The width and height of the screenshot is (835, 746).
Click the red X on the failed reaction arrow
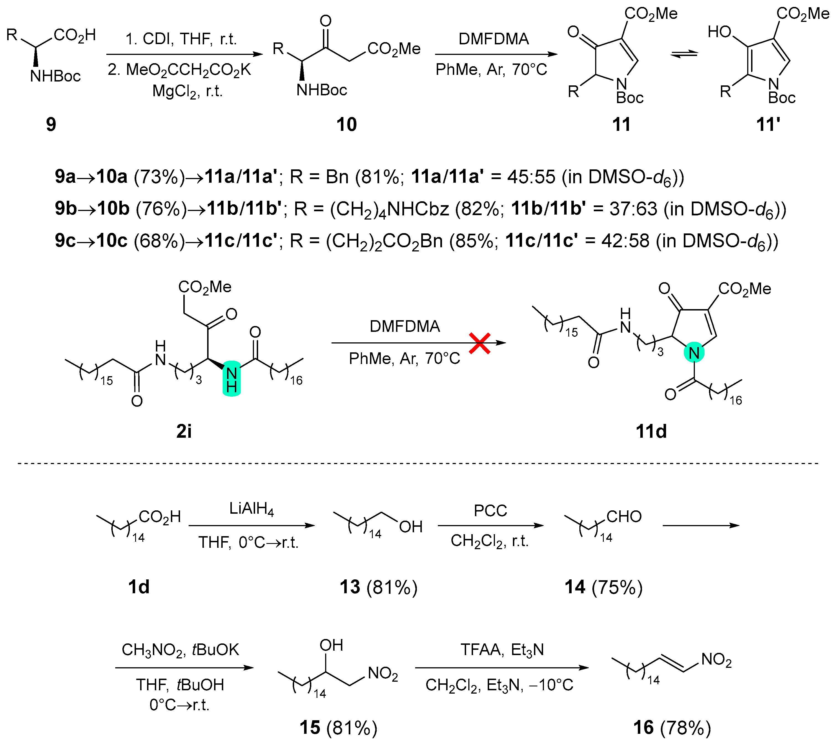[480, 343]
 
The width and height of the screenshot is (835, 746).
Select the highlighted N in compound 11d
[694, 353]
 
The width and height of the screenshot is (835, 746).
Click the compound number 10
[346, 124]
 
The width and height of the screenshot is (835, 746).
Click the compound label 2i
[184, 431]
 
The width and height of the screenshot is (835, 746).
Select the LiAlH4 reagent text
[251, 509]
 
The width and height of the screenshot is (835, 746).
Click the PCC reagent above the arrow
[490, 511]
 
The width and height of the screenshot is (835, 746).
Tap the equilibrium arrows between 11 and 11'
[684, 54]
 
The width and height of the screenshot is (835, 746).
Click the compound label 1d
[139, 587]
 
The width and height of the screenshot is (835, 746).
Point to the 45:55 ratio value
[531, 177]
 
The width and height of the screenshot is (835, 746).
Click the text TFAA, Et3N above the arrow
[502, 650]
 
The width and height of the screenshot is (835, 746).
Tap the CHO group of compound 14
[624, 517]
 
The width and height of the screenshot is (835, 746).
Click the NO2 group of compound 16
[716, 660]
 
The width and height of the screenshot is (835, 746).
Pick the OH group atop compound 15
[331, 646]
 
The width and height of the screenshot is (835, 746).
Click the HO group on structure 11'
[720, 32]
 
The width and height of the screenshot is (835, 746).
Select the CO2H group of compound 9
[74, 35]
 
